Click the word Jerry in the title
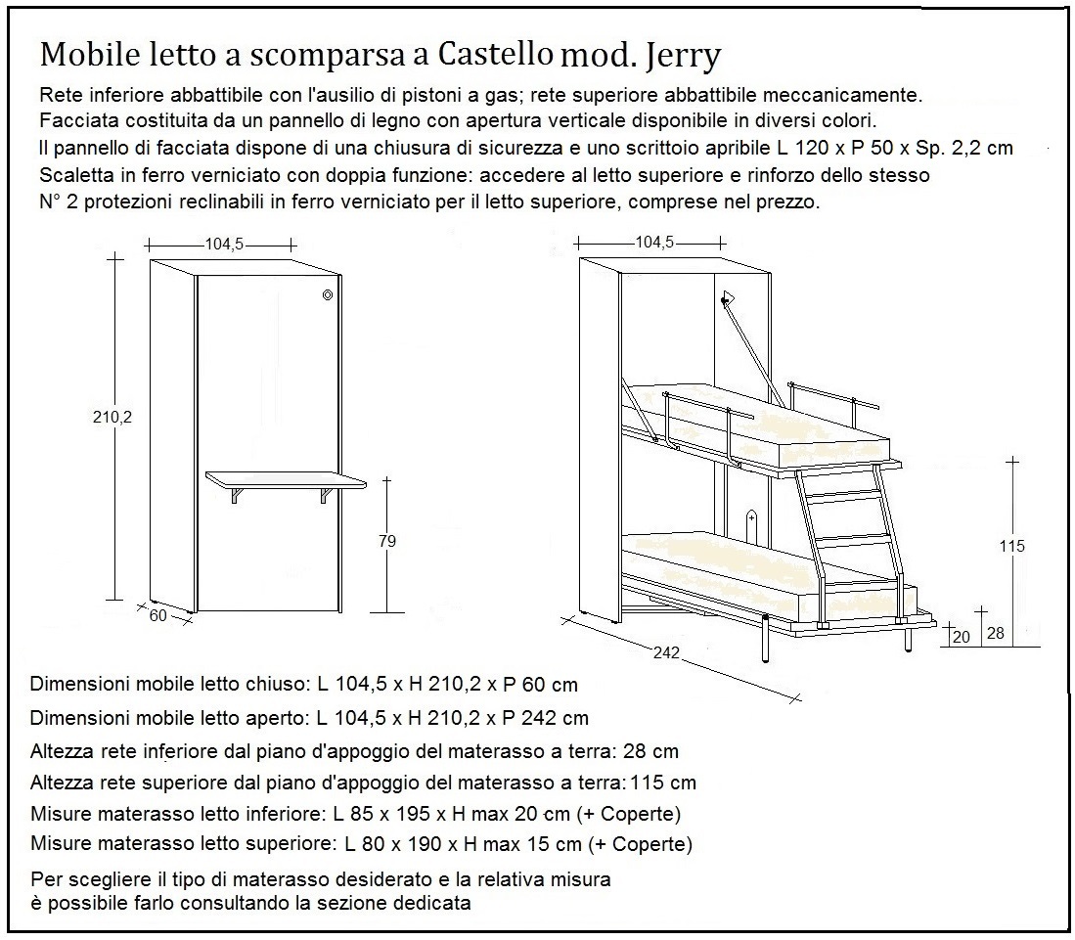[x=684, y=56]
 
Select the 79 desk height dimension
[x=386, y=540]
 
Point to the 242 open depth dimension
[x=666, y=656]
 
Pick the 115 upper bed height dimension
[x=1012, y=546]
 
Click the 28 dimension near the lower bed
[x=996, y=635]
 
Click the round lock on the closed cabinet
[x=328, y=295]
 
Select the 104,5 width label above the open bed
[x=654, y=243]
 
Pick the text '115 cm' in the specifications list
[x=663, y=783]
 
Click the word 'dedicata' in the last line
[x=433, y=903]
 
